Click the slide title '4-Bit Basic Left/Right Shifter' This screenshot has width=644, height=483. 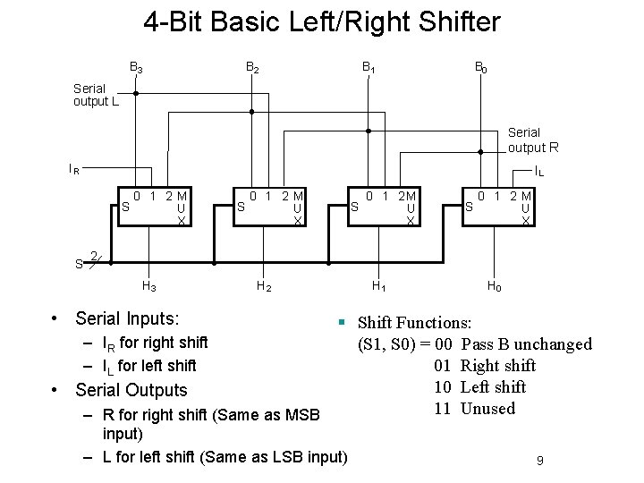pos(322,21)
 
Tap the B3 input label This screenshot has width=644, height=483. pos(136,67)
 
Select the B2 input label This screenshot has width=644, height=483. pos(252,67)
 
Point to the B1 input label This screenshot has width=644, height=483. pos(368,67)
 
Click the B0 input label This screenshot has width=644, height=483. pos(481,67)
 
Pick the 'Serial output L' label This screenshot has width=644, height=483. pos(96,95)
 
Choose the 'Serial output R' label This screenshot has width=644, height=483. pos(534,140)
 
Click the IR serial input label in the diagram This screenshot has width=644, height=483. pos(74,167)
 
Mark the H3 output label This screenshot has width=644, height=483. pos(149,287)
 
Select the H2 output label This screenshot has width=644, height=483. pos(264,287)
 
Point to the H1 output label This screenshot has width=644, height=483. pos(378,287)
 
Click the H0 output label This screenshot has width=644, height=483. pos(493,287)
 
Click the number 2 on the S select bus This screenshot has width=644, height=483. pos(94,254)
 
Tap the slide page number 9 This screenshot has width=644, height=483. pos(540,460)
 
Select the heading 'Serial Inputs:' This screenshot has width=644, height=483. pos(127,318)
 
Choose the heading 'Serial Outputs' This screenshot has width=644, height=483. pos(131,390)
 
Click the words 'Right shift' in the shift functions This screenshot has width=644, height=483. pos(497,366)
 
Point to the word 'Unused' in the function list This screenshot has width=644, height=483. pos(487,409)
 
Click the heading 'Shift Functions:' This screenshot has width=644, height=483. pos(415,323)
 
